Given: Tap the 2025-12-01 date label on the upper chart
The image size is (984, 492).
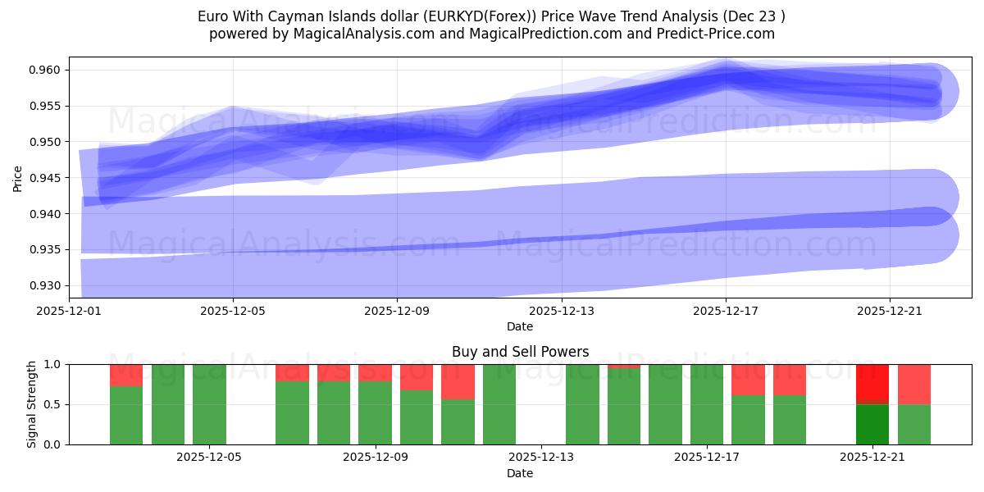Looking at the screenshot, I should (x=69, y=312).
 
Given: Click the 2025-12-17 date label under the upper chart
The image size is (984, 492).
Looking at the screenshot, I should (x=726, y=312).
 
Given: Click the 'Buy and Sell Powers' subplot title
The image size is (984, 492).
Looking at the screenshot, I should (x=520, y=352).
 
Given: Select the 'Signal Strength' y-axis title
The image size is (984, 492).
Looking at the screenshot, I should (x=31, y=404).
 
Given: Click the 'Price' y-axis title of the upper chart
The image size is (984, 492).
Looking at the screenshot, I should (x=18, y=178).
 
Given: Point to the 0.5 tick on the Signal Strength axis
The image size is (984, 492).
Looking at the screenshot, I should (x=53, y=404).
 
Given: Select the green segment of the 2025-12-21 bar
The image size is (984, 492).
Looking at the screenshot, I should (x=872, y=425).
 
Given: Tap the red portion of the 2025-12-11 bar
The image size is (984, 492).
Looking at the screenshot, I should (x=458, y=381).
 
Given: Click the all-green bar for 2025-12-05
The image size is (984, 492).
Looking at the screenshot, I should (x=209, y=404).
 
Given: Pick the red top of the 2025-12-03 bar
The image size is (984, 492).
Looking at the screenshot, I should (x=126, y=375).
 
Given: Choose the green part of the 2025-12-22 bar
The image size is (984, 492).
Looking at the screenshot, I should (x=914, y=425).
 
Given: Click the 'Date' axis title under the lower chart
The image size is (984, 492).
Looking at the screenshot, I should (x=520, y=473).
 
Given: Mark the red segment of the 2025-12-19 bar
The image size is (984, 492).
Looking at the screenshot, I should (x=790, y=380).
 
